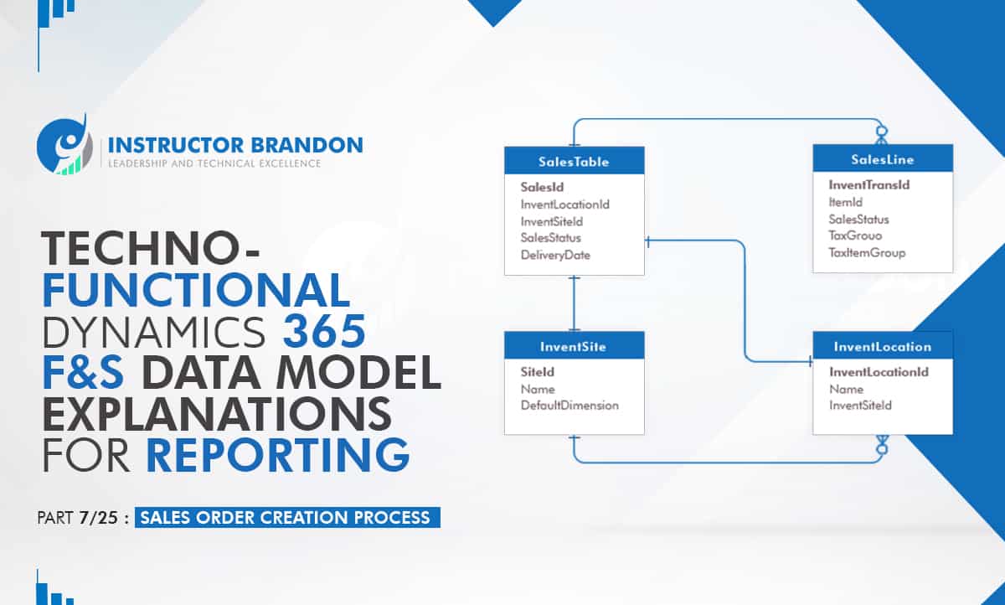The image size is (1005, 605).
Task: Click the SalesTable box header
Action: point(575,161)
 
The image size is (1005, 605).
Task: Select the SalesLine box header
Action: point(883,158)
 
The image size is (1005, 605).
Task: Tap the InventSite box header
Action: point(575,345)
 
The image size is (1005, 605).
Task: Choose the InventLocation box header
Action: point(883,345)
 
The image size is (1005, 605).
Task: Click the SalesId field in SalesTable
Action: point(542,187)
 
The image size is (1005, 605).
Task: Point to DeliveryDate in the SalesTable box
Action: point(555,255)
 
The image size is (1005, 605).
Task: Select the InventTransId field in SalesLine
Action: point(869,185)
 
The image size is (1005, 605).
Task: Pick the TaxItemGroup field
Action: point(867,253)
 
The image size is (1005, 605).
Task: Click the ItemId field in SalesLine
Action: point(845,203)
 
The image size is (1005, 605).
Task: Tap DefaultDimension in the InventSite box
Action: point(569,406)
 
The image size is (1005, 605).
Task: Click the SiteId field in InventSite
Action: point(537,372)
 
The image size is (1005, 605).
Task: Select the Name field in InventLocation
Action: point(846,389)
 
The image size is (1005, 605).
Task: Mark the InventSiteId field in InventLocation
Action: point(860,406)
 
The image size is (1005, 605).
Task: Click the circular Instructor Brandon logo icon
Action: point(64,144)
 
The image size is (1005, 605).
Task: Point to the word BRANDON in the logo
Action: point(307,146)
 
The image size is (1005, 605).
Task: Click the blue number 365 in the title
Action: point(324,331)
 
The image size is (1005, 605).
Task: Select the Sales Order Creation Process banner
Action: point(287,518)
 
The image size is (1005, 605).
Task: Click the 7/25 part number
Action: point(98,518)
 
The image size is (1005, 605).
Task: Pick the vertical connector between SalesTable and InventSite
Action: point(574,303)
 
